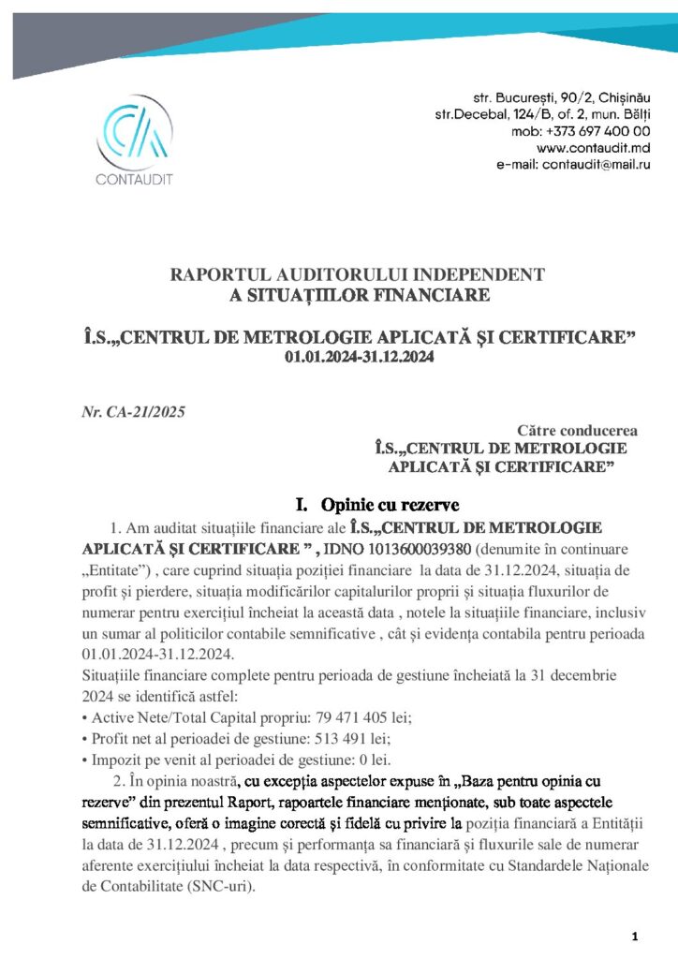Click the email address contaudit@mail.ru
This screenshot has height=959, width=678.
pyautogui.click(x=600, y=165)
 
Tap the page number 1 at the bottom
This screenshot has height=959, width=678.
pyautogui.click(x=635, y=937)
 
